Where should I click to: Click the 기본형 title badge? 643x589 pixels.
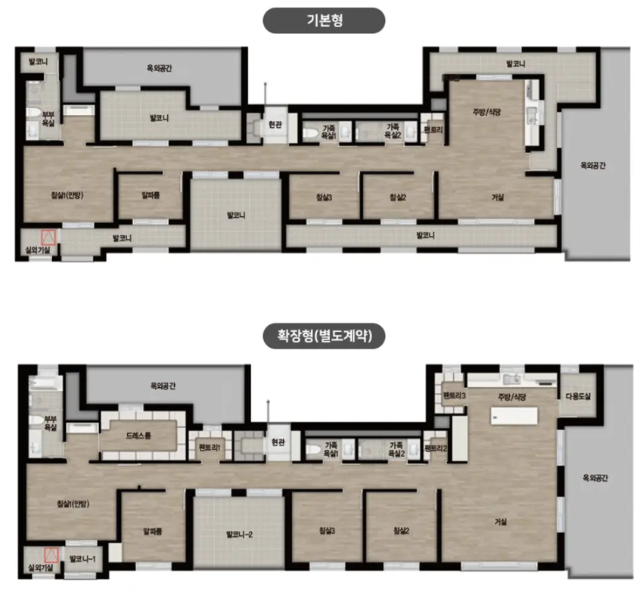point(324,20)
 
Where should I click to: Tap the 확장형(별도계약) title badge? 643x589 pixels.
point(324,336)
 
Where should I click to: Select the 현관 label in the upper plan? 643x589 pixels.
point(275,125)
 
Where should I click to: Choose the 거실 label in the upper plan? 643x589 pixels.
point(498,197)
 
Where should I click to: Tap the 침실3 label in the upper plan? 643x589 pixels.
point(325,197)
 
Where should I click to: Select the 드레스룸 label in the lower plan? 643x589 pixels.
point(138,436)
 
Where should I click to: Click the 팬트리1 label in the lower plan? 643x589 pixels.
point(210,448)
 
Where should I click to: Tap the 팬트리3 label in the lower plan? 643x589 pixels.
point(454,395)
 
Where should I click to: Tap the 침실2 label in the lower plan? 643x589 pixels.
point(401,530)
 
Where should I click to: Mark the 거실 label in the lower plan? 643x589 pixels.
point(501,522)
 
